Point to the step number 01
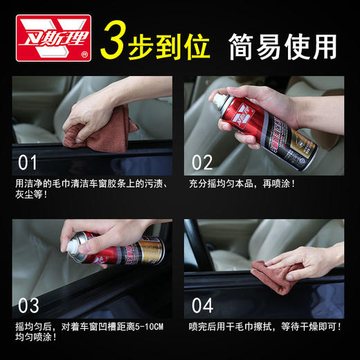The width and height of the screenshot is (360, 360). pyautogui.click(x=29, y=163)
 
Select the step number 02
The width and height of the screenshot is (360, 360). pyautogui.click(x=203, y=163)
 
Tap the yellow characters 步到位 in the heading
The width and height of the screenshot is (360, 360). pyautogui.click(x=170, y=43)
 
